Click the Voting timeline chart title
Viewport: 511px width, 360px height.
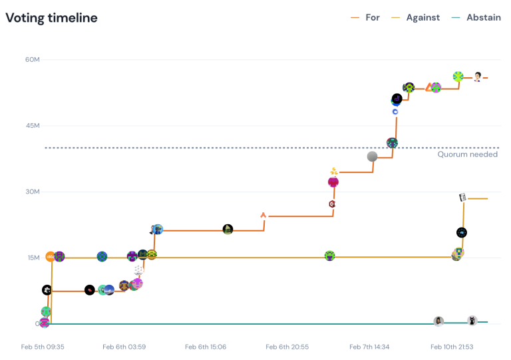[x=52, y=18]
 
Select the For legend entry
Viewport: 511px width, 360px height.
[x=372, y=17]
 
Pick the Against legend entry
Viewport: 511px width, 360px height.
[x=423, y=17]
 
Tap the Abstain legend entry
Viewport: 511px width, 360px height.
[x=483, y=17]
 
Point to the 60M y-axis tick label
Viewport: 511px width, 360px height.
[x=33, y=60]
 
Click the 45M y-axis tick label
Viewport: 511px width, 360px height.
[x=33, y=126]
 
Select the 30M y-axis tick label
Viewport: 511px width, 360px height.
[x=33, y=192]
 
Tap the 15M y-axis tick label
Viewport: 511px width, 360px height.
[x=33, y=258]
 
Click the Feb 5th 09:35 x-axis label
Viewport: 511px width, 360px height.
[x=43, y=347]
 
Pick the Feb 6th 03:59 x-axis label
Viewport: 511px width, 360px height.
[x=124, y=347]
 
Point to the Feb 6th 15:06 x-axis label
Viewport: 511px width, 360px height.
[x=206, y=347]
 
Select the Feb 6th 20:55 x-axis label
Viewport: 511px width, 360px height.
[x=287, y=347]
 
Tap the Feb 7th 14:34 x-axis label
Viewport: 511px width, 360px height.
[x=369, y=347]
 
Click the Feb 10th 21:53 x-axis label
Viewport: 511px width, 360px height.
[x=451, y=347]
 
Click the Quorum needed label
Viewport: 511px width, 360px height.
[x=467, y=154]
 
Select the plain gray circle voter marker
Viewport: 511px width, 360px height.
[x=373, y=156]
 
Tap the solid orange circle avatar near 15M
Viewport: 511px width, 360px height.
[x=51, y=257]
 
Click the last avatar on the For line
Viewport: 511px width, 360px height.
[x=478, y=77]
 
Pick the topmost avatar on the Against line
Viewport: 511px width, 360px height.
[x=462, y=198]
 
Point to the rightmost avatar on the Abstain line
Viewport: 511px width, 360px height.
[x=472, y=321]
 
